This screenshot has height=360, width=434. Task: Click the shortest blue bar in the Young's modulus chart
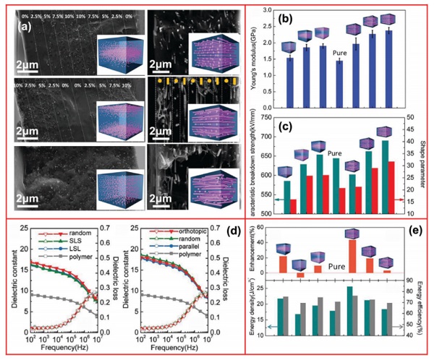[x=339, y=71]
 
